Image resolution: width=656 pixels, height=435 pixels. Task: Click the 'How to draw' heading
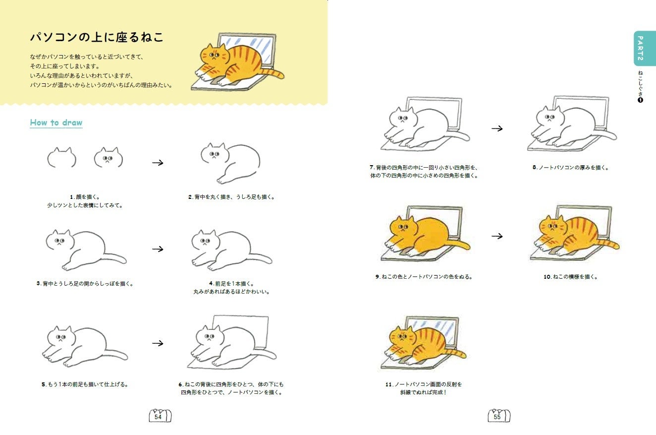[56, 123]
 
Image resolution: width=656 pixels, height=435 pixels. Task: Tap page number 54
[158, 417]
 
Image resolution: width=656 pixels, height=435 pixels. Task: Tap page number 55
[497, 417]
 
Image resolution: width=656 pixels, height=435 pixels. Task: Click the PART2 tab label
[640, 49]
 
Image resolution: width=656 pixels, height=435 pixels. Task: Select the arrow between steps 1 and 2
[158, 163]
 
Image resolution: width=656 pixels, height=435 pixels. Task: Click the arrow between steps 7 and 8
[497, 128]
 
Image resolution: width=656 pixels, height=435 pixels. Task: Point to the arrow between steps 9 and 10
[497, 236]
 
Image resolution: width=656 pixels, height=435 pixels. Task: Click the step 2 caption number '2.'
[190, 197]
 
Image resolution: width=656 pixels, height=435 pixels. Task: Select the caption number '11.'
[388, 384]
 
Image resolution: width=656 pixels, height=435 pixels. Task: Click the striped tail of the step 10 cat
[607, 244]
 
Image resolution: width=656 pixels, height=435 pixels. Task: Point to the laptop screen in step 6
[240, 331]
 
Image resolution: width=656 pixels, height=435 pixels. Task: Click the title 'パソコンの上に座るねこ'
[97, 37]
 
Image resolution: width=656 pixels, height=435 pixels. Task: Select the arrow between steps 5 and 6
[158, 343]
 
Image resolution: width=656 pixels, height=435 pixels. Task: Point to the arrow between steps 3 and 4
[158, 249]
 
